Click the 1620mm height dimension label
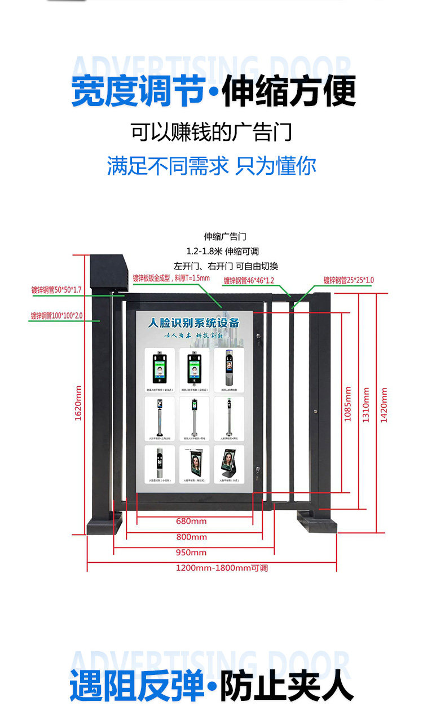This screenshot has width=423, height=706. [x=78, y=403]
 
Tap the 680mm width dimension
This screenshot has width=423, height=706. [x=191, y=521]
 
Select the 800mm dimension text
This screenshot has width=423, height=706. [x=191, y=537]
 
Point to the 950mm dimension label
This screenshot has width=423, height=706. [x=191, y=553]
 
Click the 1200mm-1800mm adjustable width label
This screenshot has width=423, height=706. [x=222, y=568]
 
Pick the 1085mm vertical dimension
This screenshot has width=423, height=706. [x=348, y=404]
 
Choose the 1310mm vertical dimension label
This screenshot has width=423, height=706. [x=366, y=404]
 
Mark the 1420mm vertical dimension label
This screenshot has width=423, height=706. [x=384, y=404]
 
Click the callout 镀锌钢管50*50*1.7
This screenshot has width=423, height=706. [x=56, y=290]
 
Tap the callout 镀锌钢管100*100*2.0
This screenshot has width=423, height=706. [x=56, y=316]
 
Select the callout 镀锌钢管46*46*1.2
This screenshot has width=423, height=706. [x=249, y=280]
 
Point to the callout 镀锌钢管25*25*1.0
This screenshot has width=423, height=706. [x=349, y=280]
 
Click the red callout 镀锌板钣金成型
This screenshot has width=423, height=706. [x=171, y=277]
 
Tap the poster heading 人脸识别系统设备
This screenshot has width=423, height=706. [x=193, y=323]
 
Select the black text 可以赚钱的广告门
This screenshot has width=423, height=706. [x=211, y=133]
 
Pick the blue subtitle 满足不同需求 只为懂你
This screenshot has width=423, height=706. [x=211, y=166]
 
